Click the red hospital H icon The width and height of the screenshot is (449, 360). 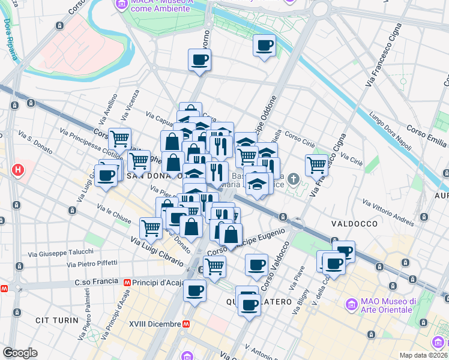pyautogui.click(x=18, y=170)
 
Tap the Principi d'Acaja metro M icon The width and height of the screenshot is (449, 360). pyautogui.click(x=127, y=282)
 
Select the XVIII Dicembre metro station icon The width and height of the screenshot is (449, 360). pyautogui.click(x=187, y=323)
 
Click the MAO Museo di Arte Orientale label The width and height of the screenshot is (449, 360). pyautogui.click(x=387, y=305)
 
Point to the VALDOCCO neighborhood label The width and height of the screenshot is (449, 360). pyautogui.click(x=354, y=223)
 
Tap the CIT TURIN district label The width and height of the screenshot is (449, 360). pyautogui.click(x=57, y=320)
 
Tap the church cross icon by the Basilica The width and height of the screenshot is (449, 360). pyautogui.click(x=293, y=178)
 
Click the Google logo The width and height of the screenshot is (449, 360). pyautogui.click(x=20, y=352)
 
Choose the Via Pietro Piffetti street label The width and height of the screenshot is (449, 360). pyautogui.click(x=92, y=263)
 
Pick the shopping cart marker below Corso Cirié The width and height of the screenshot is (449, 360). pyautogui.click(x=316, y=164)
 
